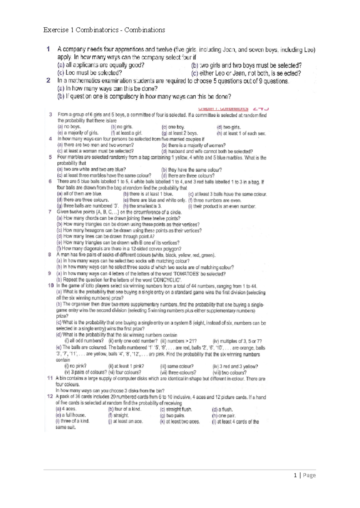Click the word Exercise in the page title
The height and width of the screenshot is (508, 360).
pyautogui.click(x=56, y=30)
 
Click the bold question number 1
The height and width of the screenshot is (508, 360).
pyautogui.click(x=48, y=49)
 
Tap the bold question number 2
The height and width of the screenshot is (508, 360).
pyautogui.click(x=48, y=80)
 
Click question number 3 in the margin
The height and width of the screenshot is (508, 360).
pyautogui.click(x=51, y=115)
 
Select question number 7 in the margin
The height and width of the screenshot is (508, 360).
pyautogui.click(x=50, y=212)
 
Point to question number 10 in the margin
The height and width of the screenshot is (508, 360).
pyautogui.click(x=50, y=286)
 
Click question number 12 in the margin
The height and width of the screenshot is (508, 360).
pyautogui.click(x=50, y=396)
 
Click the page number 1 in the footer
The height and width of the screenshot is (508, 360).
pyautogui.click(x=296, y=475)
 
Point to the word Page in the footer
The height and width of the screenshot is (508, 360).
pyautogui.click(x=309, y=475)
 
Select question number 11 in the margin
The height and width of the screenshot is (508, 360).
pyautogui.click(x=50, y=378)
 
